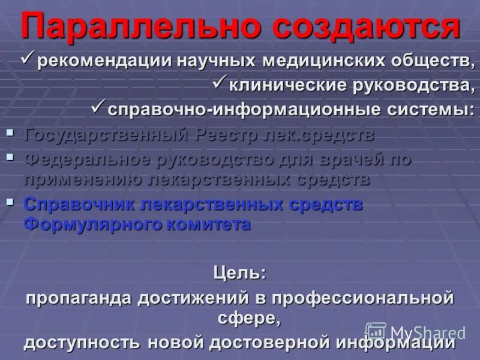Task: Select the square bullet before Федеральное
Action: tap(10, 157)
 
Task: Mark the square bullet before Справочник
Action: tap(10, 202)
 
